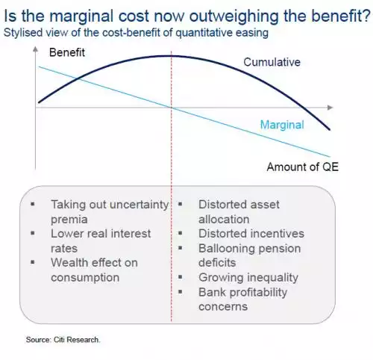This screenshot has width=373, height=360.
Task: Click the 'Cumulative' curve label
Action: coord(272,62)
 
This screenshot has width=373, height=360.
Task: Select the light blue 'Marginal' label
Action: coord(282,125)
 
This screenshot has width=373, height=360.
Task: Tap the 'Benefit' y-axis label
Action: coord(67,52)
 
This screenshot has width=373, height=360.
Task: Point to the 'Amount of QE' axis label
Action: coord(303,167)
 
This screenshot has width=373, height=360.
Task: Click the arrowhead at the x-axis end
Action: coord(330,108)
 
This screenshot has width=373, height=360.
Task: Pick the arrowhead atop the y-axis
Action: coord(36,49)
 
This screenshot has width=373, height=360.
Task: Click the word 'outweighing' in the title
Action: coord(233,16)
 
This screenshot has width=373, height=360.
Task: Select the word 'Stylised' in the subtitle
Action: coord(23,33)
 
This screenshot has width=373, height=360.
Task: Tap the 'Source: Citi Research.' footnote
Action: coord(63,340)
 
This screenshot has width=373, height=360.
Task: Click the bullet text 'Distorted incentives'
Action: coord(251,234)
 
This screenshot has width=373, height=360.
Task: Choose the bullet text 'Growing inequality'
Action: coord(248,278)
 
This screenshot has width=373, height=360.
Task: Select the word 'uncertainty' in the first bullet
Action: coord(139,205)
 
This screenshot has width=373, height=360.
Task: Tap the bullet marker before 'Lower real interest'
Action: coord(33,233)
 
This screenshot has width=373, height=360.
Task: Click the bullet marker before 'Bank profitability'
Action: coord(181,291)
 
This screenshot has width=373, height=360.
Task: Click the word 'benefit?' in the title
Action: coord(341,16)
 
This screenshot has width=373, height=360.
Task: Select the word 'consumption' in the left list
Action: coord(85,278)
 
